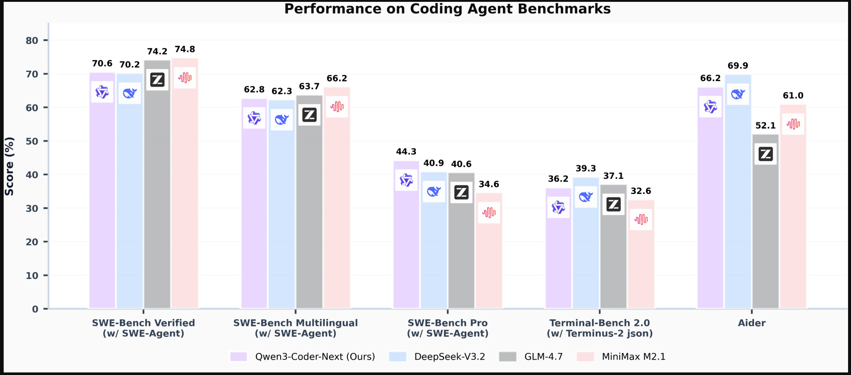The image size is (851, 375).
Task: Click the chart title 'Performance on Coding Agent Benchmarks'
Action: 447,9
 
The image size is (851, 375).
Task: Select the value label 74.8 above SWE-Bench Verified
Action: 185,49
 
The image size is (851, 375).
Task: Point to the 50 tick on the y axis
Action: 32,141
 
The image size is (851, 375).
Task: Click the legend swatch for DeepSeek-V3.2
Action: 398,357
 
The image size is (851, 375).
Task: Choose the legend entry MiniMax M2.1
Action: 633,357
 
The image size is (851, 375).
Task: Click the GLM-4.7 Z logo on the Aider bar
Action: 766,154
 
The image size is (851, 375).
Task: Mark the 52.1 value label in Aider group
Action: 765,126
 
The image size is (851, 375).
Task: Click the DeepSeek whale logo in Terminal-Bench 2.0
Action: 586,197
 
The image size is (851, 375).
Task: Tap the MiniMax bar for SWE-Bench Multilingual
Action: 337,213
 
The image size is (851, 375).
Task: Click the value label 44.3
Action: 406,152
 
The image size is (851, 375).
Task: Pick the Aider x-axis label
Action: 752,323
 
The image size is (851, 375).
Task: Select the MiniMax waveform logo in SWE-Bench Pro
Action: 489,213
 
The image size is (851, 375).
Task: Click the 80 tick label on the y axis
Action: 32,40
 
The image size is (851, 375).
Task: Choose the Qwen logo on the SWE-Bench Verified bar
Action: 102,92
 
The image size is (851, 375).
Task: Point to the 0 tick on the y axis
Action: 35,309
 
